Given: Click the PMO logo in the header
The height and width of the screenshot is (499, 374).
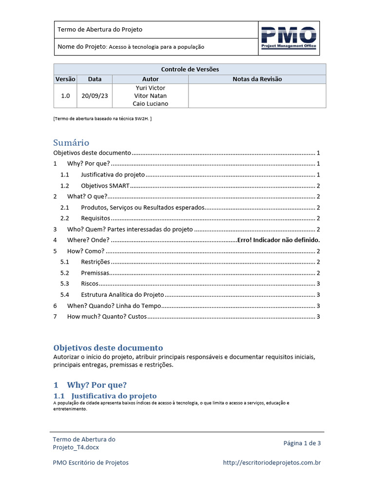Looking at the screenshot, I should [289, 38].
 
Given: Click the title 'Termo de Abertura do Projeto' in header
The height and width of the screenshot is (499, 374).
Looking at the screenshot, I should [100, 30].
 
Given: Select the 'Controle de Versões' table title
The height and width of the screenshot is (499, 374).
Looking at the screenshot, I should [189, 69].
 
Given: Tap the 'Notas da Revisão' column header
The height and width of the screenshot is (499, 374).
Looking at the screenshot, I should [257, 79].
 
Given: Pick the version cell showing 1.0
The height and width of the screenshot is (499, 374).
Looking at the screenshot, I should [65, 96].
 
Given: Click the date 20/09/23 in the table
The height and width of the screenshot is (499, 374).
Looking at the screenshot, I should [94, 96].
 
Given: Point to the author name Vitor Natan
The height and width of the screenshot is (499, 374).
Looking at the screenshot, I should [150, 96].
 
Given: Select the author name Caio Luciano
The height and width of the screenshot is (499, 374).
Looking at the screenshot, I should [150, 104].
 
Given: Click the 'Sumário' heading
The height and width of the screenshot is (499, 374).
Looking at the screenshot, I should [71, 143].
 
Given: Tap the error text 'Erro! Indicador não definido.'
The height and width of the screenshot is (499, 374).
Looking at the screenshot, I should [278, 240].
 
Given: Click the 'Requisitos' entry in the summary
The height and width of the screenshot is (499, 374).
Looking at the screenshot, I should [95, 218].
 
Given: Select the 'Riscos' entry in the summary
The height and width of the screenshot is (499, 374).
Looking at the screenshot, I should [90, 284].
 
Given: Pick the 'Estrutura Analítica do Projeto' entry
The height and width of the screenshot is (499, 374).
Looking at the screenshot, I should [122, 295].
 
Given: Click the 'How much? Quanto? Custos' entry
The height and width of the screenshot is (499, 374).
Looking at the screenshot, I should [107, 317].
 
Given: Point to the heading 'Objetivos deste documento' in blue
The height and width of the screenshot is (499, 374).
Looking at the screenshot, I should [108, 348].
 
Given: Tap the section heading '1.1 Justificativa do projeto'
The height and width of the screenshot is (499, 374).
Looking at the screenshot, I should [105, 396].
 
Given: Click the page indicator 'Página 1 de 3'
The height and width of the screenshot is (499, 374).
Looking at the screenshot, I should [302, 443].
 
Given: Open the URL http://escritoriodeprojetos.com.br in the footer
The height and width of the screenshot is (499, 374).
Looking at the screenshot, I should [272, 462].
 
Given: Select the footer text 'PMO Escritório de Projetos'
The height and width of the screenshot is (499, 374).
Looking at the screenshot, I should [91, 462].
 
